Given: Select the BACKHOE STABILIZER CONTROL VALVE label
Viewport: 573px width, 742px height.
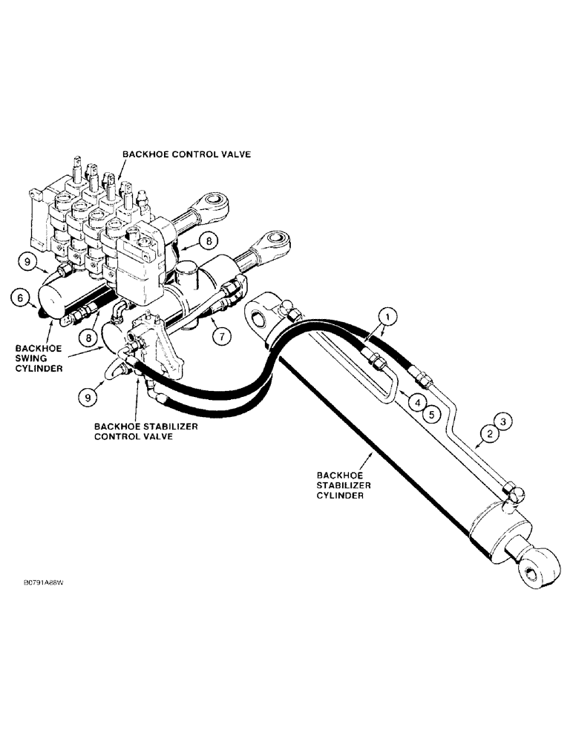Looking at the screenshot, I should pyautogui.click(x=139, y=431).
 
